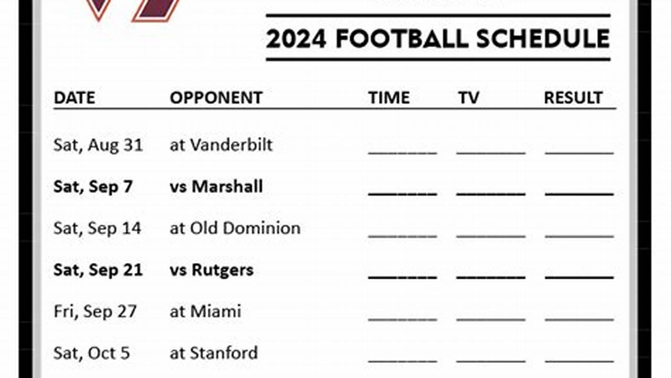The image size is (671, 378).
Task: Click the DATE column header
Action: pyautogui.click(x=74, y=98)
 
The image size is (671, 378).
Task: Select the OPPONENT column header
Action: pyautogui.click(x=216, y=98)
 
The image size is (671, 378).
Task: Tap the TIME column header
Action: pyautogui.click(x=389, y=98)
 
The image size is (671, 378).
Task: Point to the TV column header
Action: pyautogui.click(x=468, y=98)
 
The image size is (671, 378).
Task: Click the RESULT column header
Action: pyautogui.click(x=573, y=98)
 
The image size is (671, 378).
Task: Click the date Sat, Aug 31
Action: pyautogui.click(x=98, y=145)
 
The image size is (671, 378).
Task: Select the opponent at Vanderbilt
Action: pyautogui.click(x=221, y=145)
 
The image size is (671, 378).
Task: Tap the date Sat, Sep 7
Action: pyautogui.click(x=93, y=186)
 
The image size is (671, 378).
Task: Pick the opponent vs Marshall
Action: pyautogui.click(x=216, y=186)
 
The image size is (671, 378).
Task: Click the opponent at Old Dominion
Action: pyautogui.click(x=235, y=228)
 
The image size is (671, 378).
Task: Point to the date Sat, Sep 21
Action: pyautogui.click(x=98, y=270)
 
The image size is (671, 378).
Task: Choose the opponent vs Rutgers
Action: pyautogui.click(x=211, y=270)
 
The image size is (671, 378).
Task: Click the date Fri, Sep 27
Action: pyautogui.click(x=95, y=311)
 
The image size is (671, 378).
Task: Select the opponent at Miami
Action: pyautogui.click(x=205, y=311)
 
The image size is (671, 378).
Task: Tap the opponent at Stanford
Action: pyautogui.click(x=214, y=353)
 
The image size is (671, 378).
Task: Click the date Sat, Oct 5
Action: pyautogui.click(x=91, y=353)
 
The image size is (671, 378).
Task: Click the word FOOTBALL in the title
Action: pyautogui.click(x=402, y=39)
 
